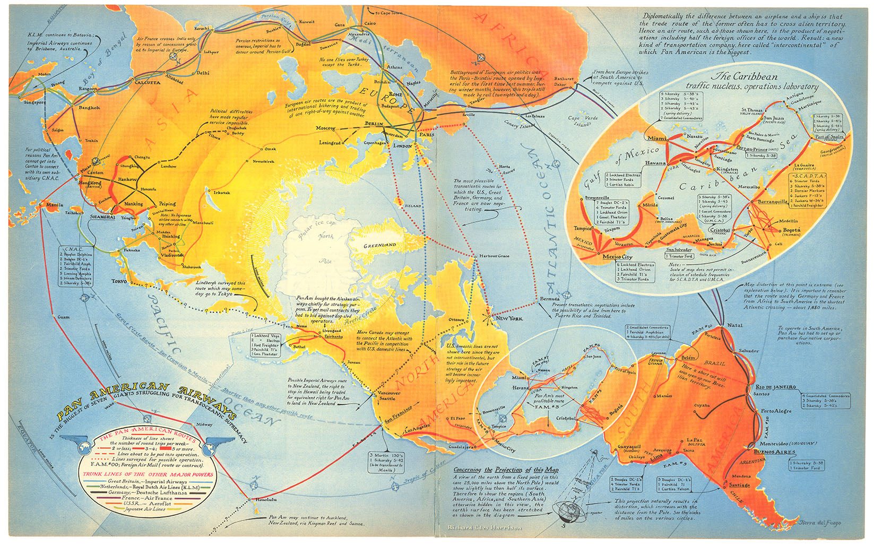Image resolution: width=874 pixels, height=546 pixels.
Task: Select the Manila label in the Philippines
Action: point(54,205)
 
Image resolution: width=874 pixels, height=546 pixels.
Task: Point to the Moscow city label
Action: point(325,128)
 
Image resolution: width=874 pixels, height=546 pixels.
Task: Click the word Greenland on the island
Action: point(379,245)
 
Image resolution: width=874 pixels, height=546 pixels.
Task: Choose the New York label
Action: point(508,318)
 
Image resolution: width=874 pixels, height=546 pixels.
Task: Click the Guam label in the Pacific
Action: point(63,317)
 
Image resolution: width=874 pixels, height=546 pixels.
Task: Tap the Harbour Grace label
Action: point(494,256)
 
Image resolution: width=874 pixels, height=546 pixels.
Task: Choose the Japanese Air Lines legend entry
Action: point(145,509)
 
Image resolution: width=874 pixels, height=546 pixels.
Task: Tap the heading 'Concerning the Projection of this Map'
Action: point(506,470)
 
